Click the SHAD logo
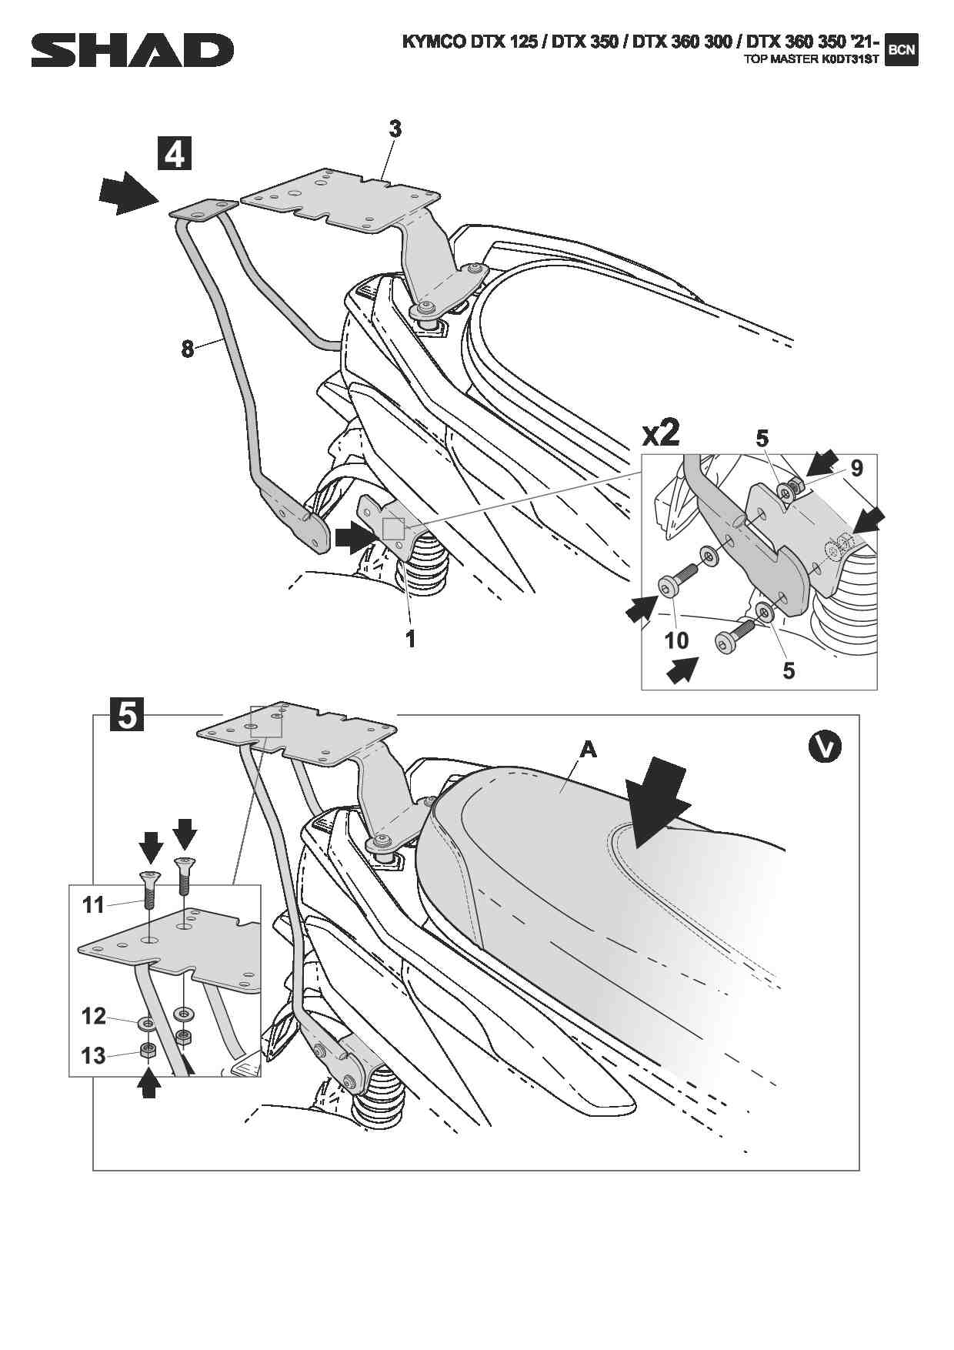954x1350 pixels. (132, 52)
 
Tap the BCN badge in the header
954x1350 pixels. (902, 51)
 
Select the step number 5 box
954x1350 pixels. (127, 715)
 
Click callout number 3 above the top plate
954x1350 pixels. (395, 129)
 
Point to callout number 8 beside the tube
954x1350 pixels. (187, 349)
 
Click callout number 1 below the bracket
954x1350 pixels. (411, 638)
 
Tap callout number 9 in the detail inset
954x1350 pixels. (856, 468)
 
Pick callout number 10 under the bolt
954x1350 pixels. (676, 640)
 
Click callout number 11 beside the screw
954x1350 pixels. (94, 904)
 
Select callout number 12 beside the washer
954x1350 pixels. (94, 1016)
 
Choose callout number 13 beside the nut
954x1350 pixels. (94, 1055)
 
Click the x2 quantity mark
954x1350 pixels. (661, 434)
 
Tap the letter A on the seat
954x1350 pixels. (588, 749)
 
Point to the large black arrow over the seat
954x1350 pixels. (656, 800)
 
